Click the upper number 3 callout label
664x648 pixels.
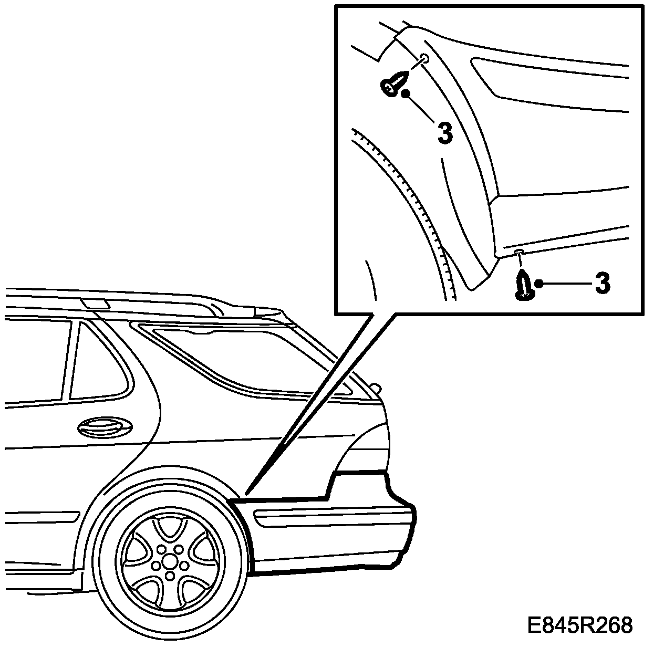[444, 133]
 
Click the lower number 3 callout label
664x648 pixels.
[603, 284]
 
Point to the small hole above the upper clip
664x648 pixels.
[425, 58]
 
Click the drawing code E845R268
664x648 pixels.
[580, 625]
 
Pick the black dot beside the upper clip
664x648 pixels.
[406, 94]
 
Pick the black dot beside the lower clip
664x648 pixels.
[538, 284]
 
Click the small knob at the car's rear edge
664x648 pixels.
[375, 388]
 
